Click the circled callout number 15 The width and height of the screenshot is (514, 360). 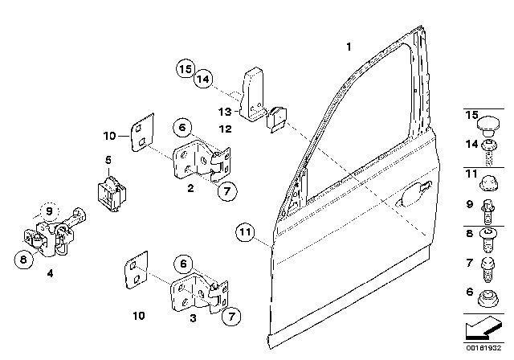click(186, 69)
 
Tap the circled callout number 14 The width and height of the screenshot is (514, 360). click(203, 79)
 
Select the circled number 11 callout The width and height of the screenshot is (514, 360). click(245, 232)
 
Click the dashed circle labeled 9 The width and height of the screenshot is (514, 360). click(49, 211)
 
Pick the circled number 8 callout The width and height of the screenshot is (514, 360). click(23, 259)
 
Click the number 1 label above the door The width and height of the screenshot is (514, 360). click(349, 47)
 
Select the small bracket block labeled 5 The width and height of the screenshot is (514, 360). click(112, 194)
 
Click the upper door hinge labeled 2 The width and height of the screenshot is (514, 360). click(202, 160)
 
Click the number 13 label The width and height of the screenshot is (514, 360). click(225, 112)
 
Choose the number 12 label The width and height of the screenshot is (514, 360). click(225, 129)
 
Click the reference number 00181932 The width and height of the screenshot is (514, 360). click(483, 348)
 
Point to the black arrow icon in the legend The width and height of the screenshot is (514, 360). click(483, 329)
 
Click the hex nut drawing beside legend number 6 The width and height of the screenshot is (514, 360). click(488, 298)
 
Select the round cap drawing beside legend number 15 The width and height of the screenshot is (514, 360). click(488, 125)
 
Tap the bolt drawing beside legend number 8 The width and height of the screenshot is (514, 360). click(488, 240)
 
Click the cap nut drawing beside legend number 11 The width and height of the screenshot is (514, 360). click(489, 183)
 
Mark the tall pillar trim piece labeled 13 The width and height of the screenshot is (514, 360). click(251, 95)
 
